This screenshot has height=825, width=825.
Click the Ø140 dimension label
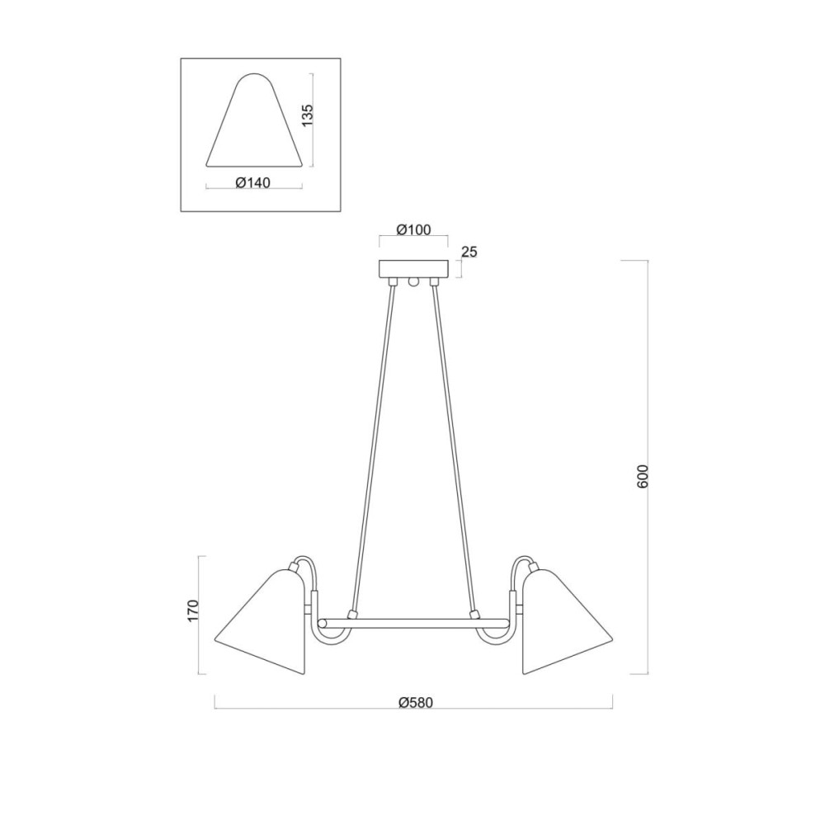pos(253,182)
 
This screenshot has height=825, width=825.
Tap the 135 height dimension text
pos(307,115)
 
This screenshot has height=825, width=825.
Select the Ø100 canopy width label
pos(413,230)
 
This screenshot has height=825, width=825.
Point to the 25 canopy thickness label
pos(469,252)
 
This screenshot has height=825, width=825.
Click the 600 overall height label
pos(643,477)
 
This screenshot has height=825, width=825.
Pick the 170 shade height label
pos(193,611)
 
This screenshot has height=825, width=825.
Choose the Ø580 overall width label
pos(415,702)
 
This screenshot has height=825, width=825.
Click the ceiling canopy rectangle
pos(413,269)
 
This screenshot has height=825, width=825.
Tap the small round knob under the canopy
pos(413,282)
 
